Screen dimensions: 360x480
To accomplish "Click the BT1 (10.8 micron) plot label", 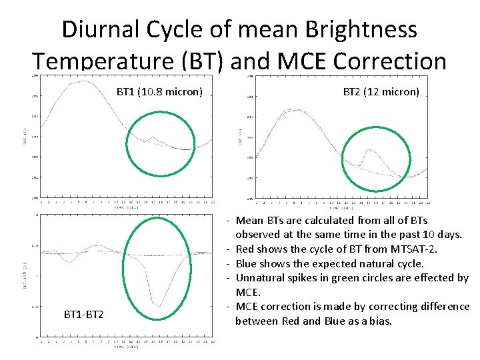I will [x=159, y=91].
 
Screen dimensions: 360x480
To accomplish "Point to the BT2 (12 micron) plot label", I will [x=381, y=91].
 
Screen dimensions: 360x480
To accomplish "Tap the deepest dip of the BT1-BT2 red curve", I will [x=159, y=306].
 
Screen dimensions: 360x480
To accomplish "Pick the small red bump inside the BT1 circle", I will [x=153, y=137].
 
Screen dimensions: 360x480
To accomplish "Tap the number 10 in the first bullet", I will [x=433, y=235].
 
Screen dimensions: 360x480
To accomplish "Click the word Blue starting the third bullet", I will [x=247, y=263].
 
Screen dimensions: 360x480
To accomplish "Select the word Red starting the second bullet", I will [x=246, y=249].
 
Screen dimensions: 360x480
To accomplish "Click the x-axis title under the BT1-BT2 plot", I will [x=127, y=347].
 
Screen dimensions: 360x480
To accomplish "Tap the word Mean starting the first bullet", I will [x=249, y=220].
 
